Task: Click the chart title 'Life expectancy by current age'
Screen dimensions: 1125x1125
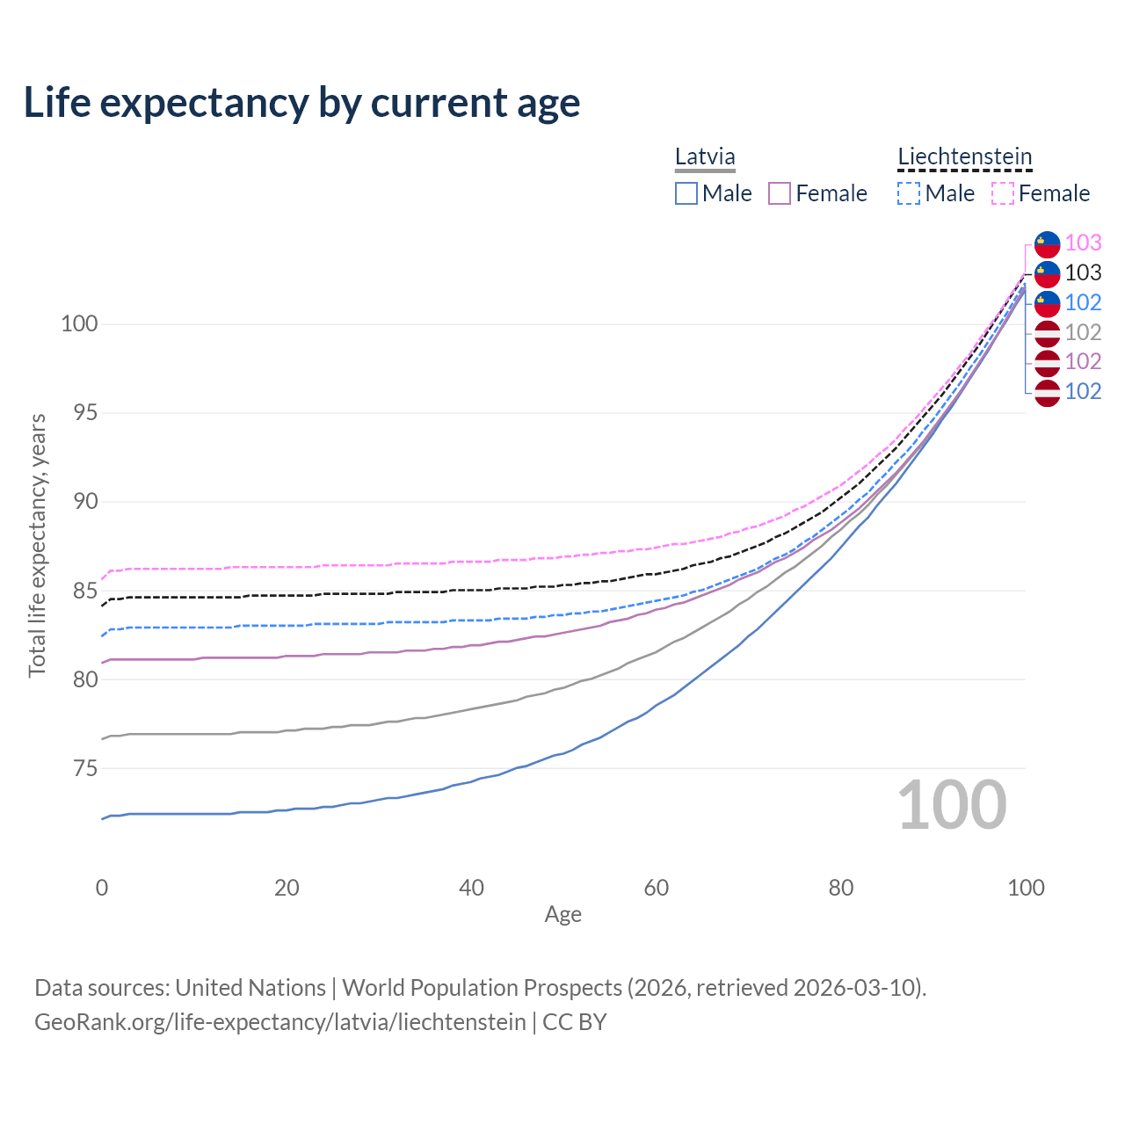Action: [x=301, y=103]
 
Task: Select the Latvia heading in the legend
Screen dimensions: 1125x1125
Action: [x=705, y=157]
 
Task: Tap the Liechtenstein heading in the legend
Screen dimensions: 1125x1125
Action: [x=964, y=157]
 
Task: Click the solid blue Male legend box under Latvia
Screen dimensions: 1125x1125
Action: [x=686, y=193]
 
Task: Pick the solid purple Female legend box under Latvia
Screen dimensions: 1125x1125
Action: [x=780, y=193]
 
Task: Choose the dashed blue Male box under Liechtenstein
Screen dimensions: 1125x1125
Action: [x=909, y=193]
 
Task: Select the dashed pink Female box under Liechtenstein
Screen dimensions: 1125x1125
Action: [x=1003, y=193]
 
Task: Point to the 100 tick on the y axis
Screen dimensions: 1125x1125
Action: [x=78, y=324]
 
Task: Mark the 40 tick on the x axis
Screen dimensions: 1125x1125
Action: [x=471, y=888]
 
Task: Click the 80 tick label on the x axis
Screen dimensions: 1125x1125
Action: [x=841, y=888]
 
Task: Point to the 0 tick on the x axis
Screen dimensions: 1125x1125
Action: [x=102, y=888]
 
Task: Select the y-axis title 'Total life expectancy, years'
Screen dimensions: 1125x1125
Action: [x=37, y=546]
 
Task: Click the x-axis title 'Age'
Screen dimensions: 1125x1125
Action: [x=562, y=915]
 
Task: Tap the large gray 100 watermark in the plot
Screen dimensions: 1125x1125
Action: [x=952, y=805]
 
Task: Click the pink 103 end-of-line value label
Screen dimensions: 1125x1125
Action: [x=1083, y=243]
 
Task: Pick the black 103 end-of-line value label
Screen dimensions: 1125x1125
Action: [x=1083, y=272]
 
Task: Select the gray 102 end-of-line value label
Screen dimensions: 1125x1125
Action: [x=1083, y=332]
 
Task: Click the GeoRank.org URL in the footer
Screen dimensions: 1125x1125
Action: [x=279, y=1022]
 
